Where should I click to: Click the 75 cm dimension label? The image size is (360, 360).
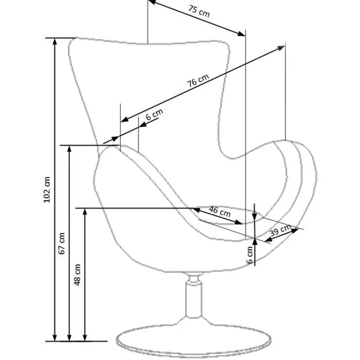(x=199, y=11)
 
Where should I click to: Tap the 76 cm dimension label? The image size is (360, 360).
(x=198, y=80)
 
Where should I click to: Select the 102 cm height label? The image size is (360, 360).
(x=47, y=190)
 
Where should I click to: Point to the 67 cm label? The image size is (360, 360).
(x=62, y=243)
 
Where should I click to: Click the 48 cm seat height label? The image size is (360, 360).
(x=77, y=275)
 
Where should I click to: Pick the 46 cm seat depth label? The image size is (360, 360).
(x=220, y=212)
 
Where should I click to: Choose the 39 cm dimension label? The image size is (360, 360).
(x=280, y=230)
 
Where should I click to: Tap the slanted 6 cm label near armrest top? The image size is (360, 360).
(x=154, y=114)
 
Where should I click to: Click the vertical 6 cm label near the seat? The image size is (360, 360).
(x=250, y=255)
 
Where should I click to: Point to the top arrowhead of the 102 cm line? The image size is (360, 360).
(x=55, y=41)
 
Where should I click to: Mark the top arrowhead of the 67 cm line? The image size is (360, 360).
(x=70, y=149)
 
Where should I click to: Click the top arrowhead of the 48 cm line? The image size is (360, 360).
(x=85, y=212)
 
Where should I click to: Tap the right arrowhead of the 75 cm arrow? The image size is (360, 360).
(x=242, y=34)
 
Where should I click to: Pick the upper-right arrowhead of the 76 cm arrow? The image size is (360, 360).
(x=282, y=47)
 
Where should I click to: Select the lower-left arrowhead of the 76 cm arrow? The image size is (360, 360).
(x=124, y=119)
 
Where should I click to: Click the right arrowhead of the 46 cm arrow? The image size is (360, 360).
(x=239, y=222)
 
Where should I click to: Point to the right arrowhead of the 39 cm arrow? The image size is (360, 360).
(x=295, y=230)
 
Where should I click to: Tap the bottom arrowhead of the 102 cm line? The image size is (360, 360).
(x=55, y=338)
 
